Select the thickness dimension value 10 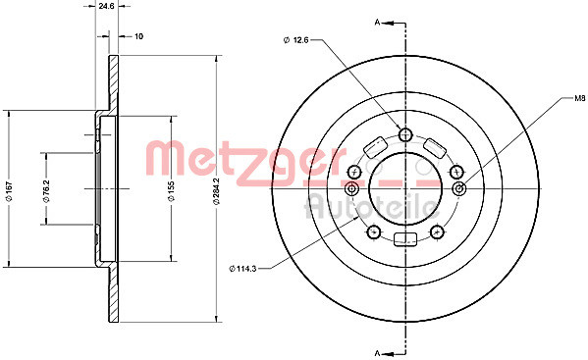coord(138,36)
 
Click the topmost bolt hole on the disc coord(405,134)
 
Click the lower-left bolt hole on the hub coord(372,232)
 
